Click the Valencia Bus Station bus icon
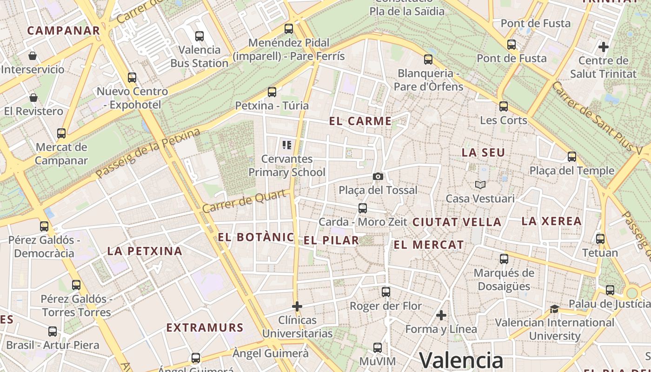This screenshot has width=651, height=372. (x=199, y=36)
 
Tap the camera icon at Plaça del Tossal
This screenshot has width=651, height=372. (x=378, y=176)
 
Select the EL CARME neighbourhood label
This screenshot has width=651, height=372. (x=360, y=121)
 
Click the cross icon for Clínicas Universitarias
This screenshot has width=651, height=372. (x=297, y=306)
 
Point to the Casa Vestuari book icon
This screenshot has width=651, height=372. (x=480, y=185)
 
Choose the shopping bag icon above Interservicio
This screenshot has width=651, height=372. (x=33, y=56)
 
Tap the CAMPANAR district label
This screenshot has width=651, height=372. (x=64, y=31)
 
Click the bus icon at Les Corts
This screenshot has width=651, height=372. (x=504, y=106)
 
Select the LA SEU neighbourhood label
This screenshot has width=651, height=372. (x=483, y=153)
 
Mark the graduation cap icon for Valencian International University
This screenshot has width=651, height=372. (x=554, y=309)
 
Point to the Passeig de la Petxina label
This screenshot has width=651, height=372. (x=148, y=153)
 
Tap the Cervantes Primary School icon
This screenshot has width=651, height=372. (x=286, y=145)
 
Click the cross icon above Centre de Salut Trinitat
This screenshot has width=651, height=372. (x=604, y=47)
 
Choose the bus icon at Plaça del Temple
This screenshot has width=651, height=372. (x=572, y=157)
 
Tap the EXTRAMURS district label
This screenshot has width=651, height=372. (x=205, y=328)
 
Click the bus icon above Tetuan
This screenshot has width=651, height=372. (x=600, y=239)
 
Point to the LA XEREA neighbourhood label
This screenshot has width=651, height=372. (x=551, y=221)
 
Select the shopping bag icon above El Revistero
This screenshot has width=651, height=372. (x=33, y=98)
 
